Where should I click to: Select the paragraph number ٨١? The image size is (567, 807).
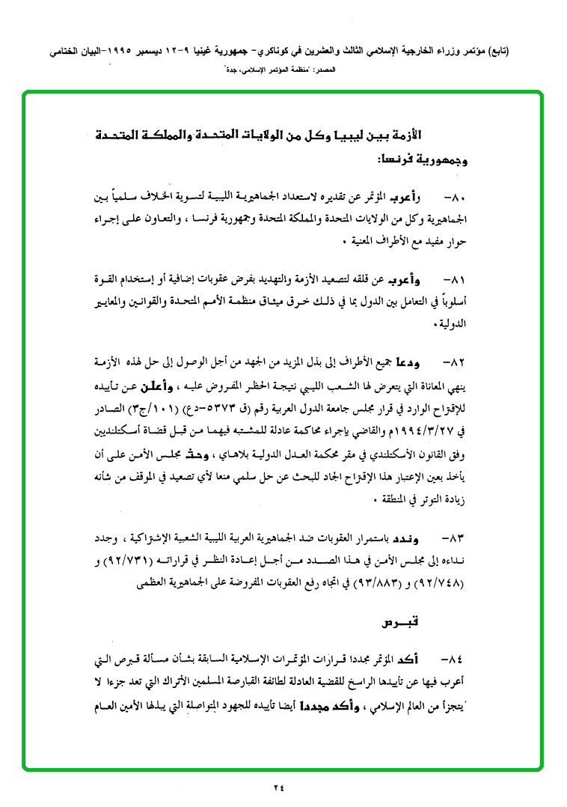pyautogui.click(x=454, y=279)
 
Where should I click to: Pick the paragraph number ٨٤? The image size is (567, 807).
pyautogui.click(x=454, y=660)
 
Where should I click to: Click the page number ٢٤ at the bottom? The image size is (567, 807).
pyautogui.click(x=279, y=787)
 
